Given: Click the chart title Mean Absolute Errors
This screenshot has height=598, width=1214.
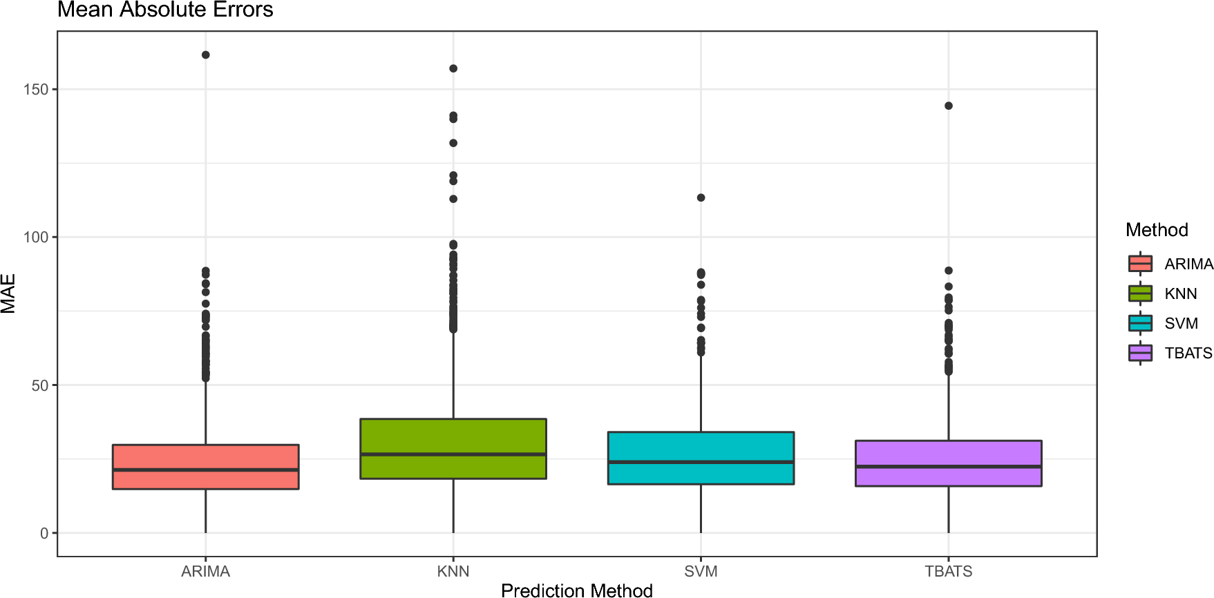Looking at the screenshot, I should [165, 10].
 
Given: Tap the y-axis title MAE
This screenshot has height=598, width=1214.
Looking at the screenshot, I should [8, 293].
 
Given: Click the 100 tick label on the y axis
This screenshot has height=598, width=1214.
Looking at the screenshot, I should [36, 238].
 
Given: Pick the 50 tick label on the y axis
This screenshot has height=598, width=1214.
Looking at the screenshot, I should [40, 385].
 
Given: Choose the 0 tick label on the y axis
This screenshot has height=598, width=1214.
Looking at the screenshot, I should [44, 533].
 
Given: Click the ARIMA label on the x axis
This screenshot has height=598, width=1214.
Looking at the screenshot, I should [205, 571].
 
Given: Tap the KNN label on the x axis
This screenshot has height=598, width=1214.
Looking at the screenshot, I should [453, 571].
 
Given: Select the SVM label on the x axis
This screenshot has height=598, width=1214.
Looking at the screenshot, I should [701, 571].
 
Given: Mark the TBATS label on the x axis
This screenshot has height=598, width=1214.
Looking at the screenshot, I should [948, 571].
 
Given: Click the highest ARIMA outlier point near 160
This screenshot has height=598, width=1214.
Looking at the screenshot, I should [206, 55].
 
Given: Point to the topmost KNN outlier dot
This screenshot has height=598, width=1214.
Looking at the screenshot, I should [453, 68].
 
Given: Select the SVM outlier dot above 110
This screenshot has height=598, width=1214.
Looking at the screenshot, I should [701, 197].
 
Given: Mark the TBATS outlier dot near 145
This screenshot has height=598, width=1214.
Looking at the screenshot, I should [949, 106].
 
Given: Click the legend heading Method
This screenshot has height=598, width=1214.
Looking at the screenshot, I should [1156, 230].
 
